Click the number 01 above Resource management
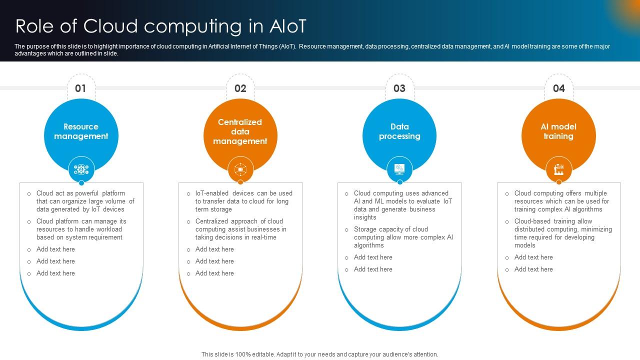[80, 88]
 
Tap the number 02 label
[240, 88]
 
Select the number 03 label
[399, 88]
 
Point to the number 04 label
[558, 88]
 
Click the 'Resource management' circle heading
[81, 131]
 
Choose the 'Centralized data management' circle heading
[240, 131]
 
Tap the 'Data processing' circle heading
[399, 131]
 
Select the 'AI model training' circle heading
[558, 131]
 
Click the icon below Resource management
[81, 169]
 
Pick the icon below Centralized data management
[240, 169]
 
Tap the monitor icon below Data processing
[399, 169]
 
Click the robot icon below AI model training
[558, 169]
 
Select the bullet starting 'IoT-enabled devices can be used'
[243, 201]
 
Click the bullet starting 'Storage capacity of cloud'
[403, 237]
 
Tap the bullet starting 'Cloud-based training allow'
[562, 233]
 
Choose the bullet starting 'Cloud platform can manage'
[81, 229]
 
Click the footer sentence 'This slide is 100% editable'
[319, 354]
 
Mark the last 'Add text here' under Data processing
[373, 269]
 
